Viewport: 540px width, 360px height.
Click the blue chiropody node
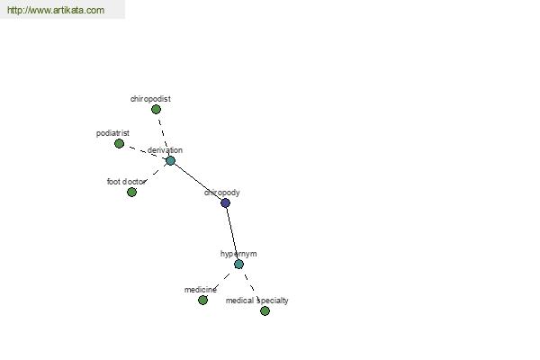225,202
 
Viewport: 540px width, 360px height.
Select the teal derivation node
170,160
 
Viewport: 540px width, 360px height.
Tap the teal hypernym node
238,265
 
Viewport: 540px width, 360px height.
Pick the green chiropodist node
156,110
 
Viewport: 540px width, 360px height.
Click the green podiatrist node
119,143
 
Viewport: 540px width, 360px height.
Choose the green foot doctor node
131,193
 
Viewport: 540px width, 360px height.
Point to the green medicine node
202,300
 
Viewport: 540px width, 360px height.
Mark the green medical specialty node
265,311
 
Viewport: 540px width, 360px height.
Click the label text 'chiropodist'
150,99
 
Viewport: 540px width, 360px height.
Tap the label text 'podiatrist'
112,133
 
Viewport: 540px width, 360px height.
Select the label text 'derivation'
165,150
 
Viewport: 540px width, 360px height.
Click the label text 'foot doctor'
126,182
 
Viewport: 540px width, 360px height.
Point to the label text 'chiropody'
221,193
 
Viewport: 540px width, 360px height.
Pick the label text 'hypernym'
238,254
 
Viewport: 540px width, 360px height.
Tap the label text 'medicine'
201,290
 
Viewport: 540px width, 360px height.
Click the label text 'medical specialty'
256,301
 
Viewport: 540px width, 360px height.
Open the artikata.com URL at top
56,10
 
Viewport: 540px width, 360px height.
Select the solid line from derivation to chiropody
198,182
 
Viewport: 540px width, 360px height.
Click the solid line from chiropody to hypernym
232,234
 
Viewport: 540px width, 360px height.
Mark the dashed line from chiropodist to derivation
163,135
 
